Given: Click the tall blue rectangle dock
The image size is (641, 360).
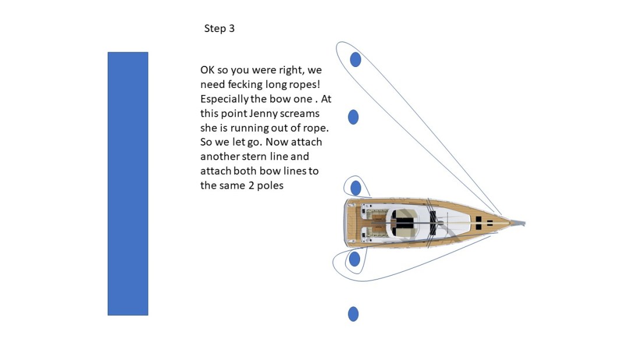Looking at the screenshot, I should [x=128, y=183].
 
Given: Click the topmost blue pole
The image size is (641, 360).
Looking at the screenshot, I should [x=355, y=59].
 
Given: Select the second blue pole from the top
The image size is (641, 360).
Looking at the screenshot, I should [x=353, y=117].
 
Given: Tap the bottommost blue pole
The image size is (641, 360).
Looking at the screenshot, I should [x=353, y=314].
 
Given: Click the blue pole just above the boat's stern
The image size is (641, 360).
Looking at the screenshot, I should [x=355, y=188].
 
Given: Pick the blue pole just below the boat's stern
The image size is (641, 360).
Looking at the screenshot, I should [x=354, y=259].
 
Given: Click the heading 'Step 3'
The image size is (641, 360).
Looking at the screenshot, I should [x=219, y=29].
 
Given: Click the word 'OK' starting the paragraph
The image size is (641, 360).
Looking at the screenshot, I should [x=207, y=70].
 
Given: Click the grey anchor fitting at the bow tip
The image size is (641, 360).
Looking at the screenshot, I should [x=518, y=223].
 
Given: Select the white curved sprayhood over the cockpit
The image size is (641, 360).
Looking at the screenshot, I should [x=401, y=223].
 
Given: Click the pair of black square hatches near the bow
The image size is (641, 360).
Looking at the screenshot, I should [x=483, y=223].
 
